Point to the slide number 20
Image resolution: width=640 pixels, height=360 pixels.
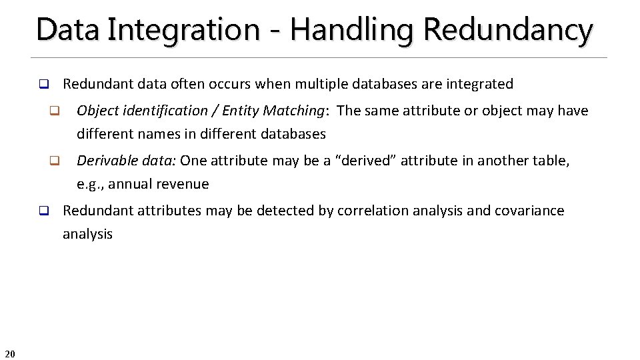10,353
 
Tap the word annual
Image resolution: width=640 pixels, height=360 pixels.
130,184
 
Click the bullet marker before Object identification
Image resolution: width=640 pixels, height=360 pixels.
55,111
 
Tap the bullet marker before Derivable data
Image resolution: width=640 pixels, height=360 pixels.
55,161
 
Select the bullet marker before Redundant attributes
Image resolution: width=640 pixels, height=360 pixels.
43,211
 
